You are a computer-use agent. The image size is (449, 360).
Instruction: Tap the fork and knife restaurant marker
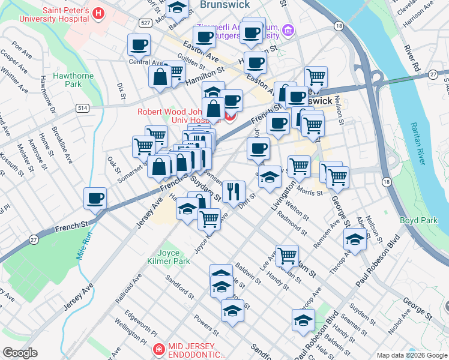234,192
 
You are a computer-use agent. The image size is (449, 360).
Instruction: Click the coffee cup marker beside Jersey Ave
95,199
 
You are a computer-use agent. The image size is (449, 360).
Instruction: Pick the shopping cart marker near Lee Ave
287,255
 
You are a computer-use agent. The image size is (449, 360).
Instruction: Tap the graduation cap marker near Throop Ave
355,239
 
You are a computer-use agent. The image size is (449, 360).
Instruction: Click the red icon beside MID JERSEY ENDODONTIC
158,349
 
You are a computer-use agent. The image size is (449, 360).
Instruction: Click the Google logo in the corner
20,353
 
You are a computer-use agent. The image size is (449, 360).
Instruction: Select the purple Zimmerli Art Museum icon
289,29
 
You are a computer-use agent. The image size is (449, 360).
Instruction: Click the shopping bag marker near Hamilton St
160,77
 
